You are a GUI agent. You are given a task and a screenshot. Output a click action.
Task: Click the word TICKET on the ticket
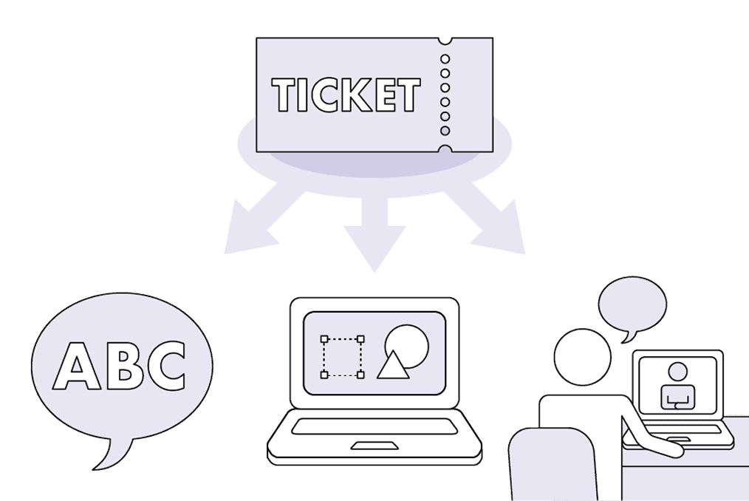pyautogui.click(x=346, y=95)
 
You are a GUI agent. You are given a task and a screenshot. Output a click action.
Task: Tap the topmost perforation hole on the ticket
pyautogui.click(x=445, y=59)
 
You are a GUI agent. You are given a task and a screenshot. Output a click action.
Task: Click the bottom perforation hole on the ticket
pyautogui.click(x=445, y=131)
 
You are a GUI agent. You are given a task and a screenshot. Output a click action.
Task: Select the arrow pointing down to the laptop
pyautogui.click(x=374, y=234)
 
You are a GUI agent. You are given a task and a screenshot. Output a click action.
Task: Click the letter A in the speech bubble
pyautogui.click(x=76, y=365)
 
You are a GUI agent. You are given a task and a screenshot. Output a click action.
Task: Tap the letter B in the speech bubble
pyautogui.click(x=125, y=365)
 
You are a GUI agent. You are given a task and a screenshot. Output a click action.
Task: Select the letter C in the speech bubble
pyautogui.click(x=165, y=366)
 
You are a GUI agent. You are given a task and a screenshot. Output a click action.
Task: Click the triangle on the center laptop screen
pyautogui.click(x=393, y=365)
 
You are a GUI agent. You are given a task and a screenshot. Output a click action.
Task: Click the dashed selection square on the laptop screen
pyautogui.click(x=343, y=357)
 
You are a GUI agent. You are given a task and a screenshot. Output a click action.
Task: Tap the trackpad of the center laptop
pyautogui.click(x=375, y=446)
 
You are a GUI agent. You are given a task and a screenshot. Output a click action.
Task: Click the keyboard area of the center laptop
pyautogui.click(x=374, y=426)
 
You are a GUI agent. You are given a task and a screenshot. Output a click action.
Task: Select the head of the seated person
pyautogui.click(x=582, y=357)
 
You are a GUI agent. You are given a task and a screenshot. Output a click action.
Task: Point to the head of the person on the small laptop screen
pyautogui.click(x=677, y=372)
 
